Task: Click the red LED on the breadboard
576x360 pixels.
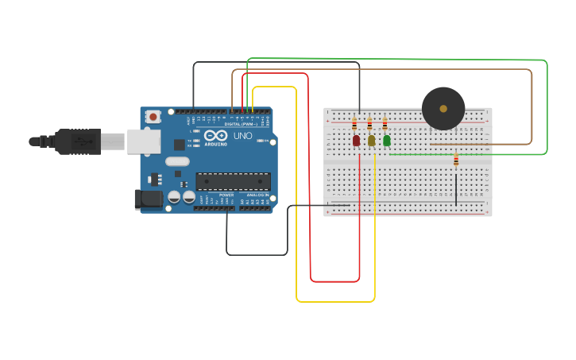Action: [356, 141]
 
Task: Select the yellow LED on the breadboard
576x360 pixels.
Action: [371, 141]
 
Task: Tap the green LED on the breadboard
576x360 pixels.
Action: [387, 141]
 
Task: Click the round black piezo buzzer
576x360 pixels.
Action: [443, 109]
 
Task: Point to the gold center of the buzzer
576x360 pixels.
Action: [443, 109]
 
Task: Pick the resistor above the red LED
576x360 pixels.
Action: [354, 124]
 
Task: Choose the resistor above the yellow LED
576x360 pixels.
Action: [369, 124]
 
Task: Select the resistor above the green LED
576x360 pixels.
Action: [385, 124]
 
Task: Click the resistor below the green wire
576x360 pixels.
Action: [456, 161]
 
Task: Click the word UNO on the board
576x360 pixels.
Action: [242, 136]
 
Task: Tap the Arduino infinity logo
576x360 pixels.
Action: [215, 136]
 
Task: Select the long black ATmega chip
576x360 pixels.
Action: [234, 181]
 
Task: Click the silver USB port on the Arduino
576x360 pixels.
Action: [144, 141]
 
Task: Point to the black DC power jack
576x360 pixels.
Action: [148, 199]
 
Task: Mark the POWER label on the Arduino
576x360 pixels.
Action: [226, 195]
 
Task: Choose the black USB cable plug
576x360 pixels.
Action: [79, 141]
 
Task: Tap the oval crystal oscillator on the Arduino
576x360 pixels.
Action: [177, 162]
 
